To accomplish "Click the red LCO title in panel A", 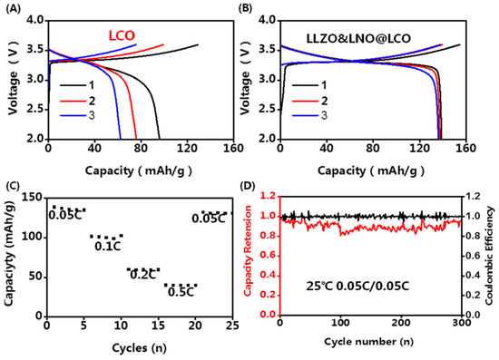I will [121, 34].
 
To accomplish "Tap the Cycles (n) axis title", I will [135, 345].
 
